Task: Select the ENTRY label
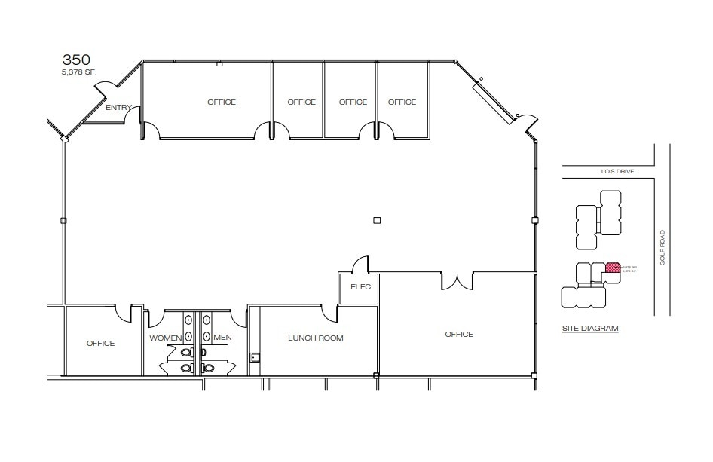pyautogui.click(x=118, y=108)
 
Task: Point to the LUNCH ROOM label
pyautogui.click(x=315, y=338)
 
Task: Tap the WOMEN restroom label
pyautogui.click(x=165, y=338)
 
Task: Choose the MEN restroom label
pyautogui.click(x=222, y=338)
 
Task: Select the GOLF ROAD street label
pyautogui.click(x=663, y=247)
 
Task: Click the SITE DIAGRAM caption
pyautogui.click(x=590, y=329)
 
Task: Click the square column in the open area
pyautogui.click(x=378, y=220)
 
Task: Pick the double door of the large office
pyautogui.click(x=457, y=281)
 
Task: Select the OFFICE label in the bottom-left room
pyautogui.click(x=100, y=344)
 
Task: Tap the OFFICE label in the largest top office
pyautogui.click(x=222, y=102)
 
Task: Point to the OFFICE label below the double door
pyautogui.click(x=458, y=334)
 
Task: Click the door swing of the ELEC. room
pyautogui.click(x=360, y=265)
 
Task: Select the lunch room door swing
pyautogui.click(x=329, y=311)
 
